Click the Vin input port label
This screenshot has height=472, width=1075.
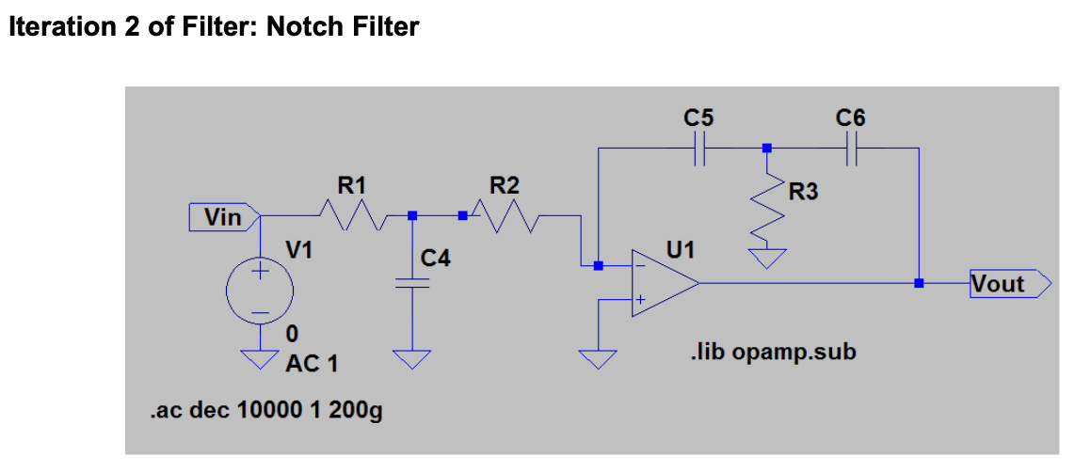coord(225,218)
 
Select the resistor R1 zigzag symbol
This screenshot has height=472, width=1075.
coord(352,216)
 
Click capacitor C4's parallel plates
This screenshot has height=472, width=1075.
coord(412,283)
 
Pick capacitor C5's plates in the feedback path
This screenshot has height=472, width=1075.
coord(700,148)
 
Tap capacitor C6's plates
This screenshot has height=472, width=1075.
coord(852,148)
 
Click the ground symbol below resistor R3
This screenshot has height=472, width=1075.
coord(767,259)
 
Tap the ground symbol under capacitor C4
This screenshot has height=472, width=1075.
coord(412,360)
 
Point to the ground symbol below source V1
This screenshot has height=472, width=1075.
coord(260,360)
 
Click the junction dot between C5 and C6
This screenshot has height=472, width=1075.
coord(767,148)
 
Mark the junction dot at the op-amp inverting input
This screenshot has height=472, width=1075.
coord(599,266)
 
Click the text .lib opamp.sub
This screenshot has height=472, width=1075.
coord(773,354)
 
